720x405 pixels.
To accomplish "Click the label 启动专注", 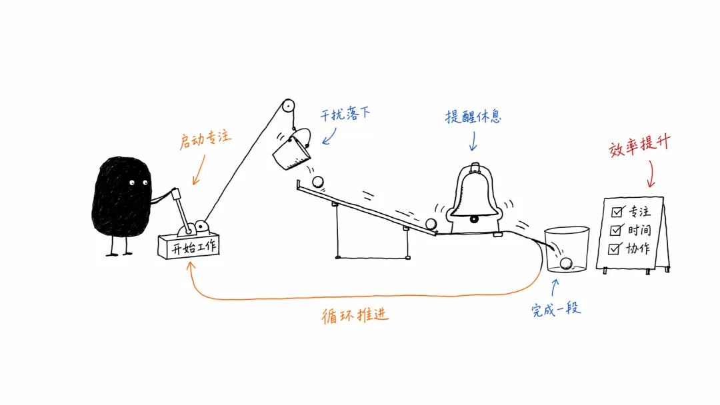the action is tap(205, 139).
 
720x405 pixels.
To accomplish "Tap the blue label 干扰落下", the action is tap(345, 114).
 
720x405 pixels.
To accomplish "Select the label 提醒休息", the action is tap(473, 117).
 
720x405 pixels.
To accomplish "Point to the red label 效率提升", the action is tap(639, 146).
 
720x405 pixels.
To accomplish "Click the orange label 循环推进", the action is tap(355, 316).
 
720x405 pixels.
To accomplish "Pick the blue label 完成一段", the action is tap(556, 310).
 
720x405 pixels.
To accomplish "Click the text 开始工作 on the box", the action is tap(193, 248).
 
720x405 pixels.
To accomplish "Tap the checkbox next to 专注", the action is tap(617, 212).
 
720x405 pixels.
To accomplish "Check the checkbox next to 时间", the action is tap(615, 230).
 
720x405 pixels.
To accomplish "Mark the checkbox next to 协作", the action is tap(614, 249).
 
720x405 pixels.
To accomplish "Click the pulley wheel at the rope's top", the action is tap(288, 105).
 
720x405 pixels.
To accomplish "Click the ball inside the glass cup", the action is tap(566, 263).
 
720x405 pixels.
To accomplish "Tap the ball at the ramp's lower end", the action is tap(431, 224).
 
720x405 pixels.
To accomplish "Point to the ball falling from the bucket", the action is tap(318, 182).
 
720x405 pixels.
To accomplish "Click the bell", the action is tap(475, 197).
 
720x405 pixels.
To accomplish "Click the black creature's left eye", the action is tap(132, 183).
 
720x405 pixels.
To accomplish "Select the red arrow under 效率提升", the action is tap(651, 175).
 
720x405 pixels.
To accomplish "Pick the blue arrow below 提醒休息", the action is tap(473, 141).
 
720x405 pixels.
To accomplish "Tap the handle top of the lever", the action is tap(175, 193).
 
